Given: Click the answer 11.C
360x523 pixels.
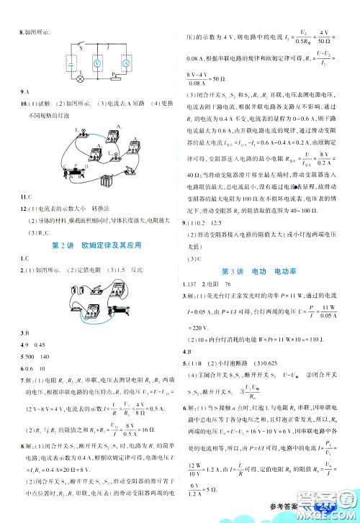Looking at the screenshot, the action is (24, 196).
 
